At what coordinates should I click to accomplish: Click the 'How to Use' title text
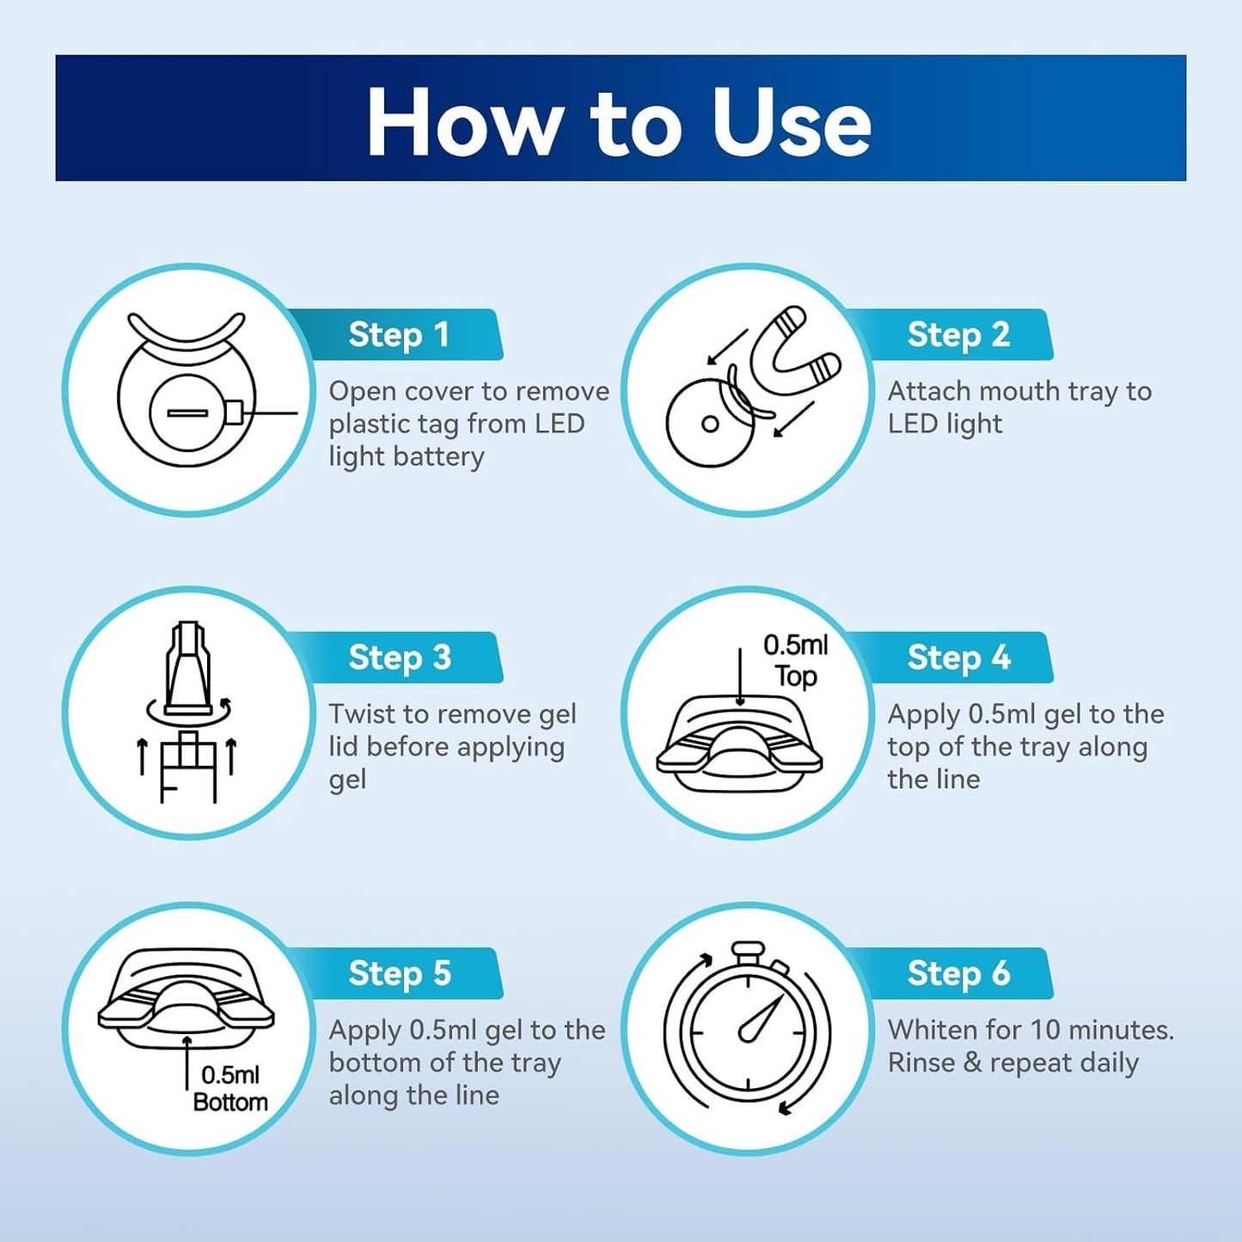620,122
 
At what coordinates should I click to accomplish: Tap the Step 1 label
398,334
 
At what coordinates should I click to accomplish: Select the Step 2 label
958,334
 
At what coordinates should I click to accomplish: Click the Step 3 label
400,658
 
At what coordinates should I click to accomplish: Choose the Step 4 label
959,658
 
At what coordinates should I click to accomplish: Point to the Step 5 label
400,973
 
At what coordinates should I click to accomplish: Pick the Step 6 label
959,973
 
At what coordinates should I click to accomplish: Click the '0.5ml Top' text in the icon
795,661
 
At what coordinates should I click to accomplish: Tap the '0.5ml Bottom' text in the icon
230,1089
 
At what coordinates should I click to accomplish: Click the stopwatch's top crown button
749,951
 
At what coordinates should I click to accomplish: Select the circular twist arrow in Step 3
189,712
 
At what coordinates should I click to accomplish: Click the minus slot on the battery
187,413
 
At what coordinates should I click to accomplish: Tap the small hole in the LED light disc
710,424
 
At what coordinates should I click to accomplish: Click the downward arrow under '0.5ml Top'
741,676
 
